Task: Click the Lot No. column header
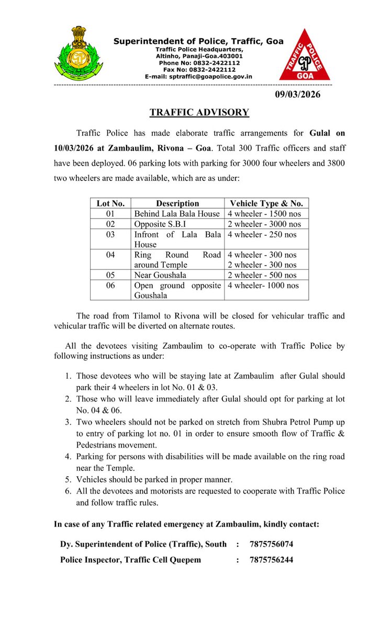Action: [110, 203]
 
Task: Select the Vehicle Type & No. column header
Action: [266, 203]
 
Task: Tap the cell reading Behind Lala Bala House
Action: [177, 214]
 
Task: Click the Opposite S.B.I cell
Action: [159, 224]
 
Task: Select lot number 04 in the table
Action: [110, 255]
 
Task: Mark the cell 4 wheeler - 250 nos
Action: [262, 234]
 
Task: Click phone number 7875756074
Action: [272, 544]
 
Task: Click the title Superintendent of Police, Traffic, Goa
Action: [199, 41]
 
